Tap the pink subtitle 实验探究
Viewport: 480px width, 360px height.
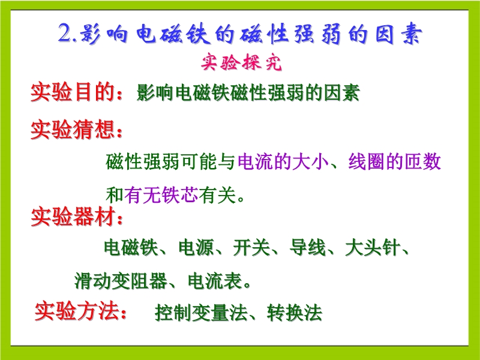click(241, 63)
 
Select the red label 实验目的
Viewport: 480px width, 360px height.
click(72, 92)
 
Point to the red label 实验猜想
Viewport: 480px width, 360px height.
click(72, 130)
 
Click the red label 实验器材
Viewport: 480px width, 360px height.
click(73, 217)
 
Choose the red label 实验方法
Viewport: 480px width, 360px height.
click(77, 311)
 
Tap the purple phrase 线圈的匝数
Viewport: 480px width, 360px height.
click(395, 161)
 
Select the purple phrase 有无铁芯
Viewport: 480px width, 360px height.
click(161, 195)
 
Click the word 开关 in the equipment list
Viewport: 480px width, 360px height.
click(251, 247)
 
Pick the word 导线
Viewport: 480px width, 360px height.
click(307, 247)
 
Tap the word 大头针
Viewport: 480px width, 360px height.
click(373, 247)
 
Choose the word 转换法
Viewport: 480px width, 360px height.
click(295, 313)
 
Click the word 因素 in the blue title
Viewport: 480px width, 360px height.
click(398, 34)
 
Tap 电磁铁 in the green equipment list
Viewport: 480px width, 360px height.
click(131, 247)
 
